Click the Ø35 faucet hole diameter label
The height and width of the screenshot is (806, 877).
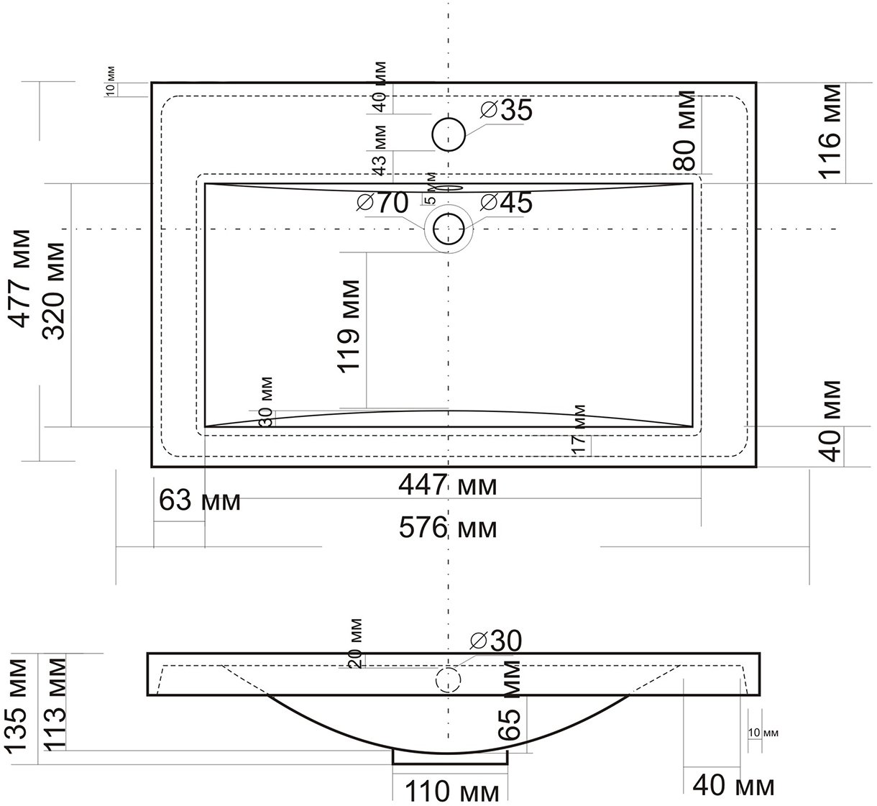click(x=506, y=110)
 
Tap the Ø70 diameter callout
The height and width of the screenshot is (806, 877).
click(x=382, y=203)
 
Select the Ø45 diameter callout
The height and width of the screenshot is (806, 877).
click(x=506, y=203)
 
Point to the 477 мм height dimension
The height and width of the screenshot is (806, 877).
click(x=21, y=278)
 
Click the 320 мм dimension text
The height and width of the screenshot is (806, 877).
click(x=54, y=291)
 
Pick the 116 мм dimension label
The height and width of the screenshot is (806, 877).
click(x=830, y=132)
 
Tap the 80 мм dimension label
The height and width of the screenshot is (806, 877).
click(x=684, y=131)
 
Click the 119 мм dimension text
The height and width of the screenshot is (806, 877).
click(x=349, y=326)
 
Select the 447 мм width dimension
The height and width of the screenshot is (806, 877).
click(x=448, y=485)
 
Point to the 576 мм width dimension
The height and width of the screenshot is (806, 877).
click(x=448, y=528)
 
